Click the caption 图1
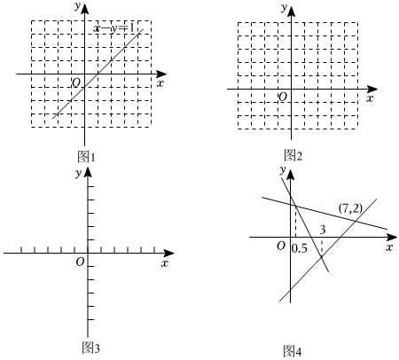pos(86,157)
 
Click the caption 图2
pos(293,155)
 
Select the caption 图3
pos(90,348)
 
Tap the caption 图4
pos(293,351)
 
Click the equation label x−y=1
pos(114,28)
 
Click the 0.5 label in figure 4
pos(300,248)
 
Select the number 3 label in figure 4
pos(323,230)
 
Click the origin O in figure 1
pos(76,82)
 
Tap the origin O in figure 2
pos(283,97)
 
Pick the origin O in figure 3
pos(80,262)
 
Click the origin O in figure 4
pos(281,246)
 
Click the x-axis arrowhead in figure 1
pos(161,74)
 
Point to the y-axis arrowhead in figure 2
pos(292,11)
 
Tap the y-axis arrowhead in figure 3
pos(88,172)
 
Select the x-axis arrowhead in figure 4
pos(392,237)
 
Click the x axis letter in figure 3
pos(165,262)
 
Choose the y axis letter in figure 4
pos(283,169)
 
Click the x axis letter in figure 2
pos(370,98)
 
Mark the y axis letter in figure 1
pos(77,6)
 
